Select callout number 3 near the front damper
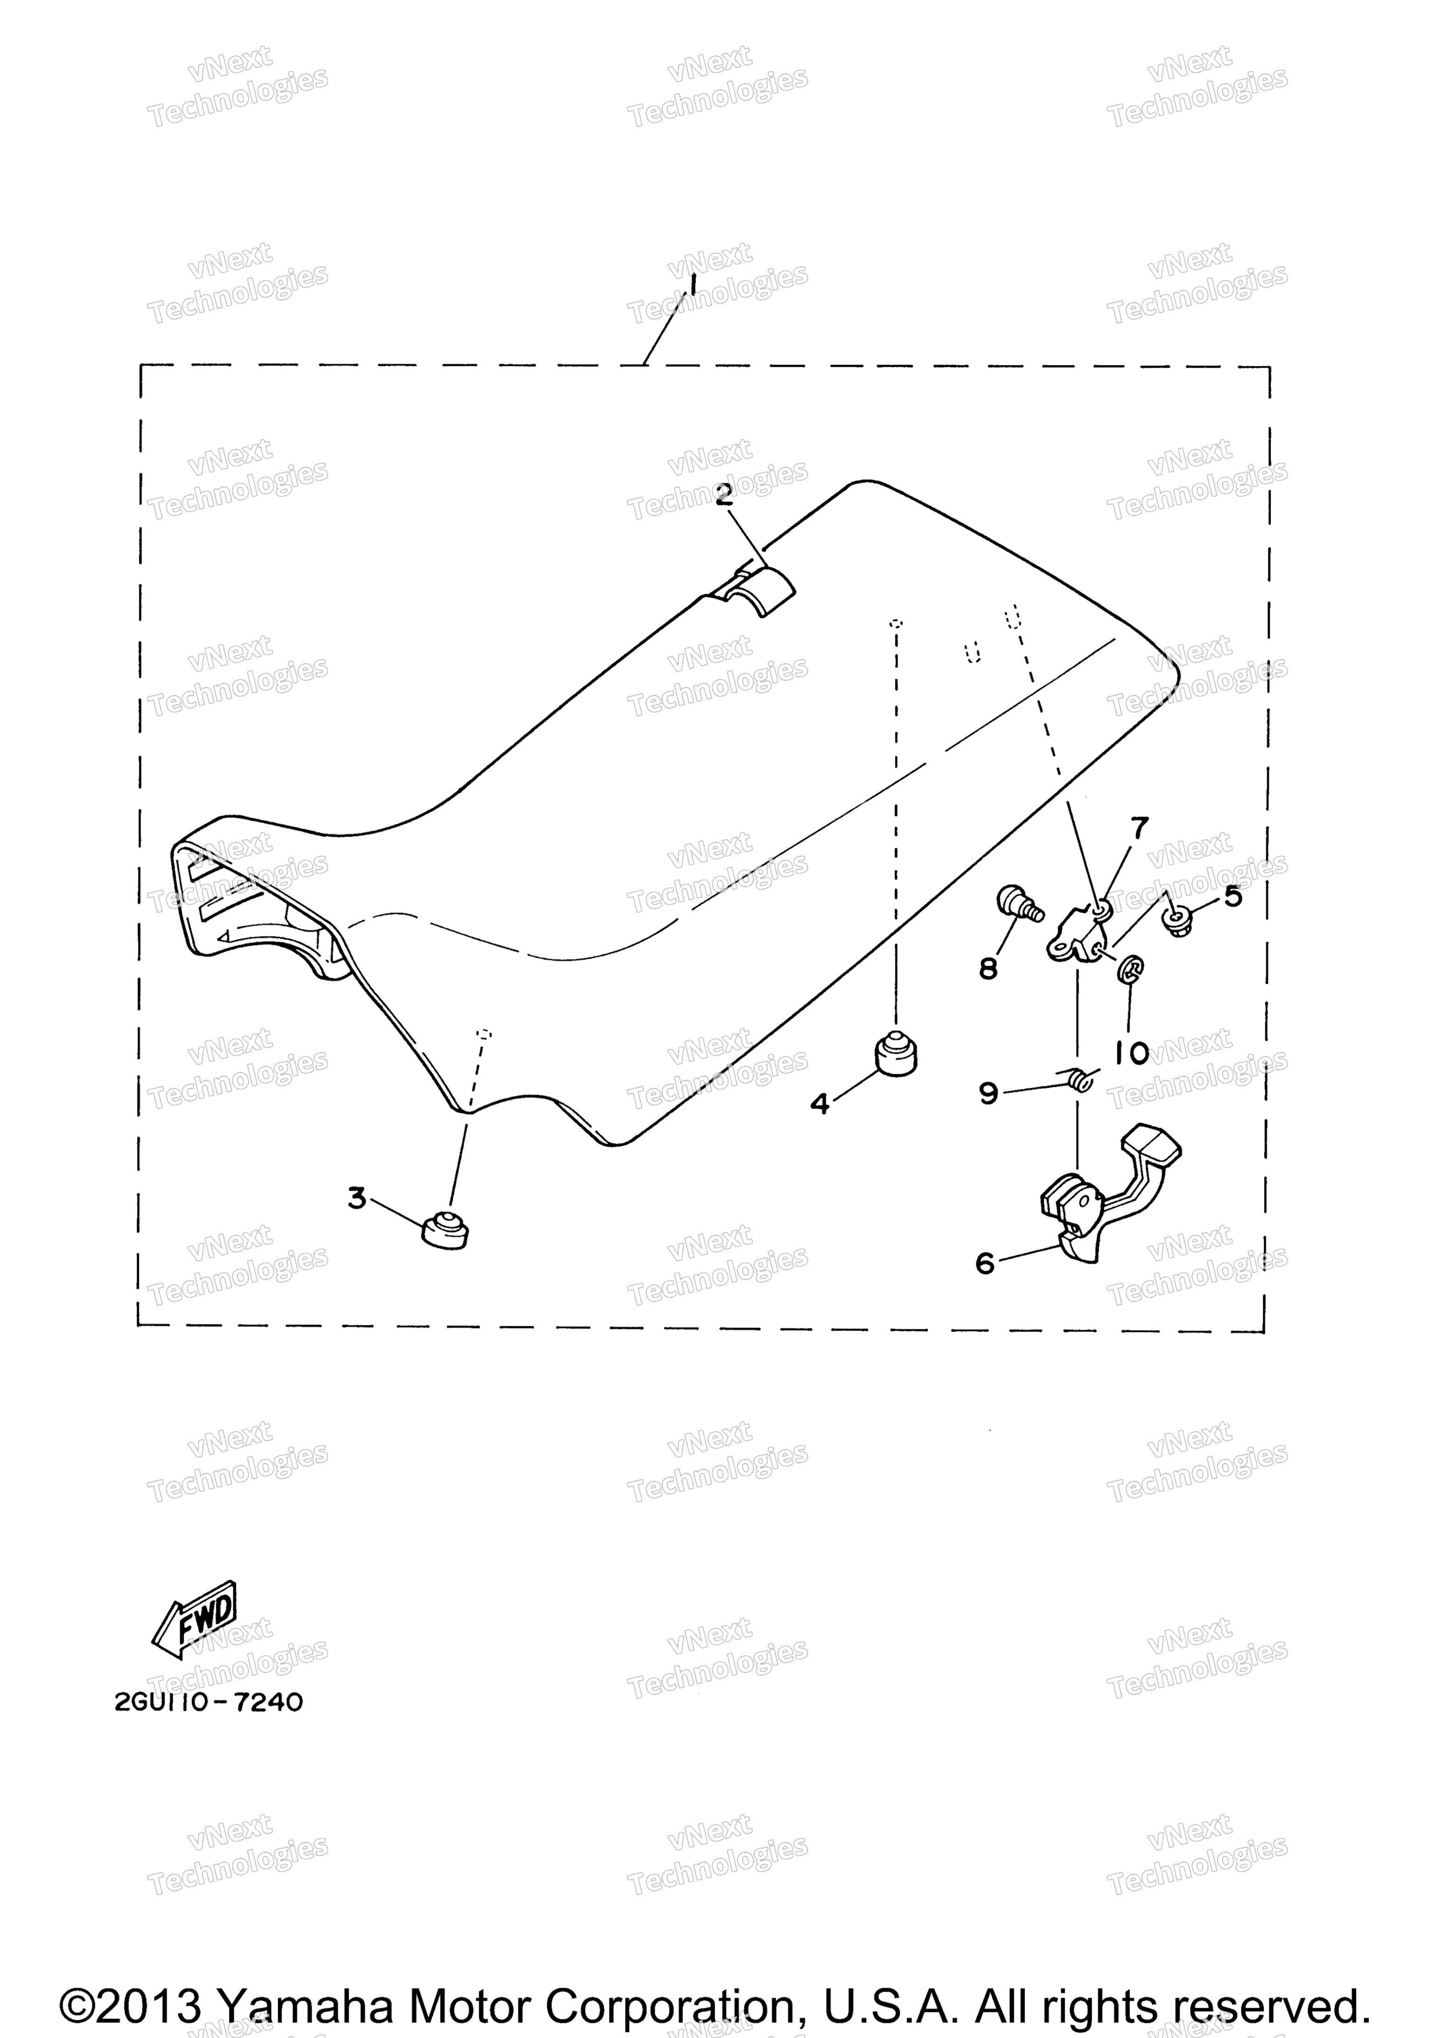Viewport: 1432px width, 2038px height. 357,1198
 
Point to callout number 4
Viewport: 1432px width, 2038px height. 819,1103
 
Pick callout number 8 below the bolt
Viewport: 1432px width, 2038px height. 988,968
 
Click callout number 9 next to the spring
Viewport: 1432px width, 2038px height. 988,1093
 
